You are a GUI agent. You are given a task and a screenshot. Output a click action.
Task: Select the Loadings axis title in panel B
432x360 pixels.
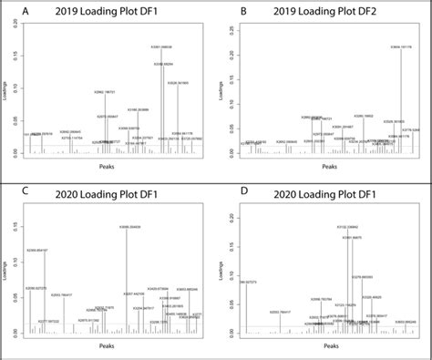(x=221, y=89)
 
